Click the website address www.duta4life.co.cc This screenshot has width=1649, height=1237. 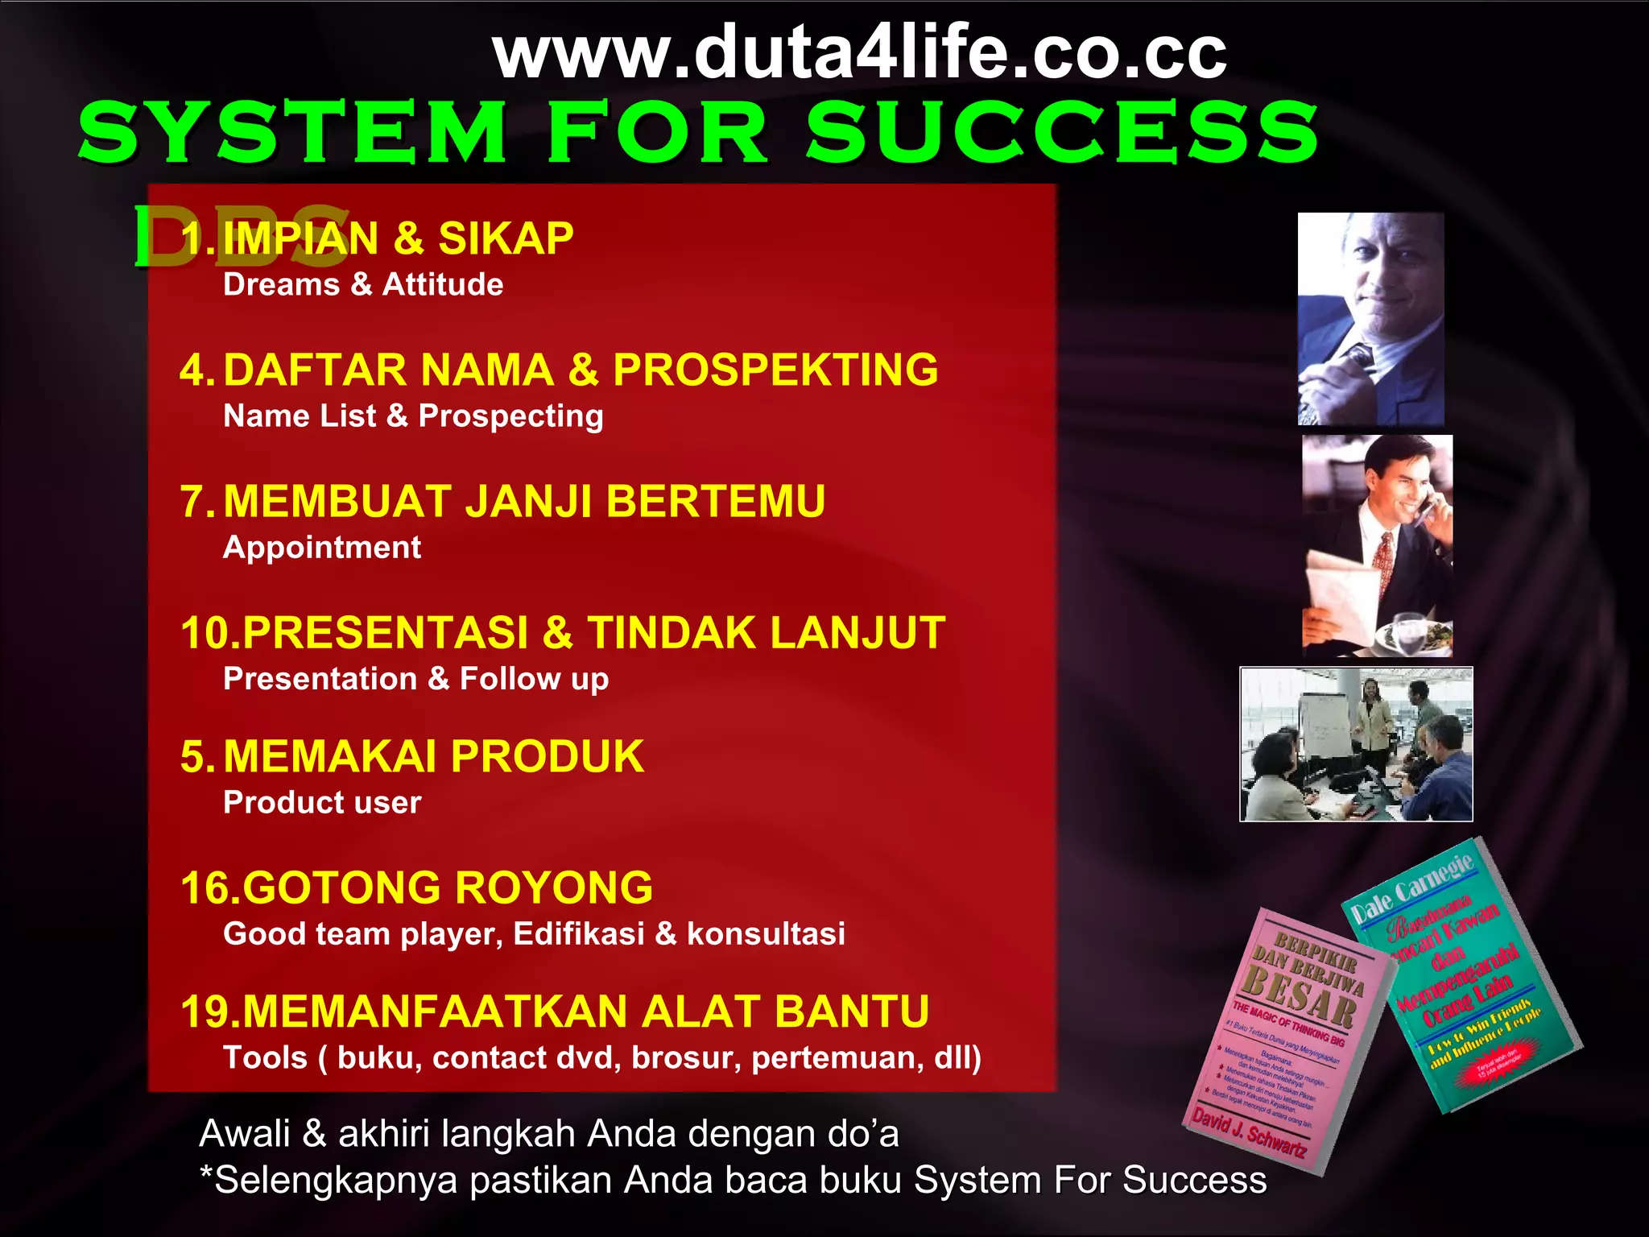860,53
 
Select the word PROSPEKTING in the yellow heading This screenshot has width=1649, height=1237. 775,370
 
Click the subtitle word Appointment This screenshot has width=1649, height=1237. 322,548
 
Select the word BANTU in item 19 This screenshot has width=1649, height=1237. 852,1012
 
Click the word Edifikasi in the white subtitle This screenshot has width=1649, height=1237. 579,934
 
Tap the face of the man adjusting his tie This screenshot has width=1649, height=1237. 1385,274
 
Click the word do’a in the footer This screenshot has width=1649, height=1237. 862,1134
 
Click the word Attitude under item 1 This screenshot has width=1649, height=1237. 443,285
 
